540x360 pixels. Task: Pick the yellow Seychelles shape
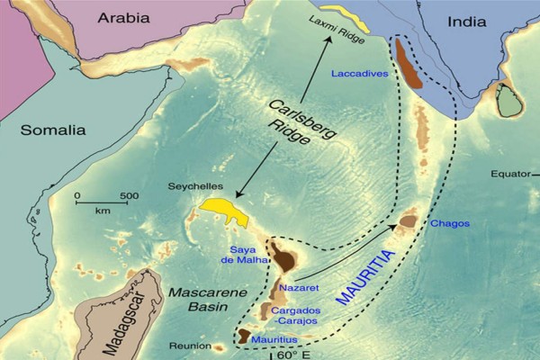[x=224, y=210]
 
